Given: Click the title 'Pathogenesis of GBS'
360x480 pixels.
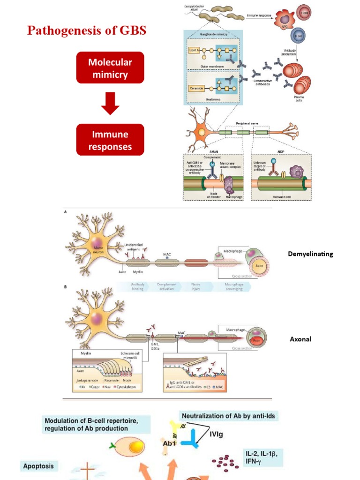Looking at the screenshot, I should point(87,31).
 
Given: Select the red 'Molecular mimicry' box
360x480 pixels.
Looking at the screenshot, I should point(110,67).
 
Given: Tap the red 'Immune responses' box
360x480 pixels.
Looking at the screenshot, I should point(110,140).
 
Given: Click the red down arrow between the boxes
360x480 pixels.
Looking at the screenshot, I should point(110,104).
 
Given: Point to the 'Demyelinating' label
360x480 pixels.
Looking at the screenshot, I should point(310,254).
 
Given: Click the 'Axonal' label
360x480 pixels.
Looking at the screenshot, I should point(300,339).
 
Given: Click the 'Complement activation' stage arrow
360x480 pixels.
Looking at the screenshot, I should point(167,286).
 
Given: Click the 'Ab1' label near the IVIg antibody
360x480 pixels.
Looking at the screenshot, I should point(169,442).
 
